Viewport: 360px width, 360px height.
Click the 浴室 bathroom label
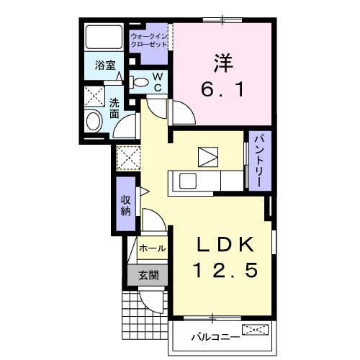pos(105,66)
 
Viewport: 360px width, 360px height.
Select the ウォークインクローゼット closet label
pos(150,40)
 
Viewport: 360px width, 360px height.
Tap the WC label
pos(157,81)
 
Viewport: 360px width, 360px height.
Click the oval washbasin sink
pos(94,122)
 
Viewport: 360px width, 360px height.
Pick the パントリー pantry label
pos(255,162)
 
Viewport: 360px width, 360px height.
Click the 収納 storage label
pos(125,204)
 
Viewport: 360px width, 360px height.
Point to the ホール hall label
pos(151,248)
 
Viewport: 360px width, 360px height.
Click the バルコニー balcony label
pos(210,336)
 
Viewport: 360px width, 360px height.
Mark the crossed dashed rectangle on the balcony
pos(256,330)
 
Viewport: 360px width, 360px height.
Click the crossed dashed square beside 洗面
pos(94,97)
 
